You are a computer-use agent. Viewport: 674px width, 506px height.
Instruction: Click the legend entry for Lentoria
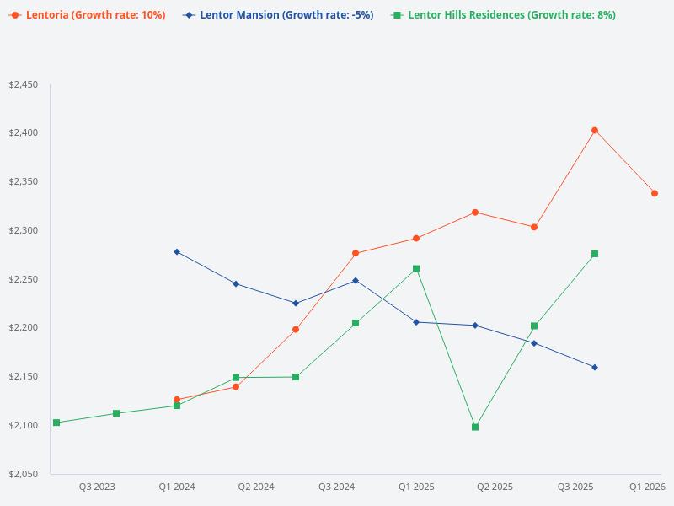click(88, 15)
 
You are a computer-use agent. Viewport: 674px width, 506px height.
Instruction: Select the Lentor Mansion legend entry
click(278, 15)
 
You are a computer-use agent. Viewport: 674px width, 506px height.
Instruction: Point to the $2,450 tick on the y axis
click(24, 84)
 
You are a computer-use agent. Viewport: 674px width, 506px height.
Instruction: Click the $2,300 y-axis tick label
click(24, 230)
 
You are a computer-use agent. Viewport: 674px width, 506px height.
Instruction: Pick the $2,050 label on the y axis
click(24, 474)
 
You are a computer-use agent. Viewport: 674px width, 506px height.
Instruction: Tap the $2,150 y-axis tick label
click(24, 376)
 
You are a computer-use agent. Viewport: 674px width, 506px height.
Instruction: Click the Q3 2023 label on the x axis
click(97, 487)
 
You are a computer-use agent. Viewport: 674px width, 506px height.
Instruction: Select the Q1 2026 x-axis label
click(647, 487)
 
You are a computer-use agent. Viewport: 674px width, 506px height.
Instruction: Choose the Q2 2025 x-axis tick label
click(495, 487)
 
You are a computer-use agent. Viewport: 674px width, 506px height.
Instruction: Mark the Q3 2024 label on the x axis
click(336, 487)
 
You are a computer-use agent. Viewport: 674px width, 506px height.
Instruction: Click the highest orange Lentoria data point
click(595, 130)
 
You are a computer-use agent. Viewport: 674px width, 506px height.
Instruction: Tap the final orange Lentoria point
click(655, 193)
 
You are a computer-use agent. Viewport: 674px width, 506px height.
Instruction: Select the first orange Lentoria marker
click(177, 400)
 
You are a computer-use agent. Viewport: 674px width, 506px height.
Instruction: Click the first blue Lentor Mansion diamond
click(177, 251)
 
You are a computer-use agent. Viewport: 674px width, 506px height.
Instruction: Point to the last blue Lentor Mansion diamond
click(595, 367)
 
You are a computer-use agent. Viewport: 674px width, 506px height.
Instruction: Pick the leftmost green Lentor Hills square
click(56, 423)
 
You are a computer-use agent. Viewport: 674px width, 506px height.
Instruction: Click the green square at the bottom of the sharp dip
click(475, 428)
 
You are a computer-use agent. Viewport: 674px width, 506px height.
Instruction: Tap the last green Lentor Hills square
click(595, 254)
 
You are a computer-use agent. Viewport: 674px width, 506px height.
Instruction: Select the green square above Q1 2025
click(416, 269)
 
